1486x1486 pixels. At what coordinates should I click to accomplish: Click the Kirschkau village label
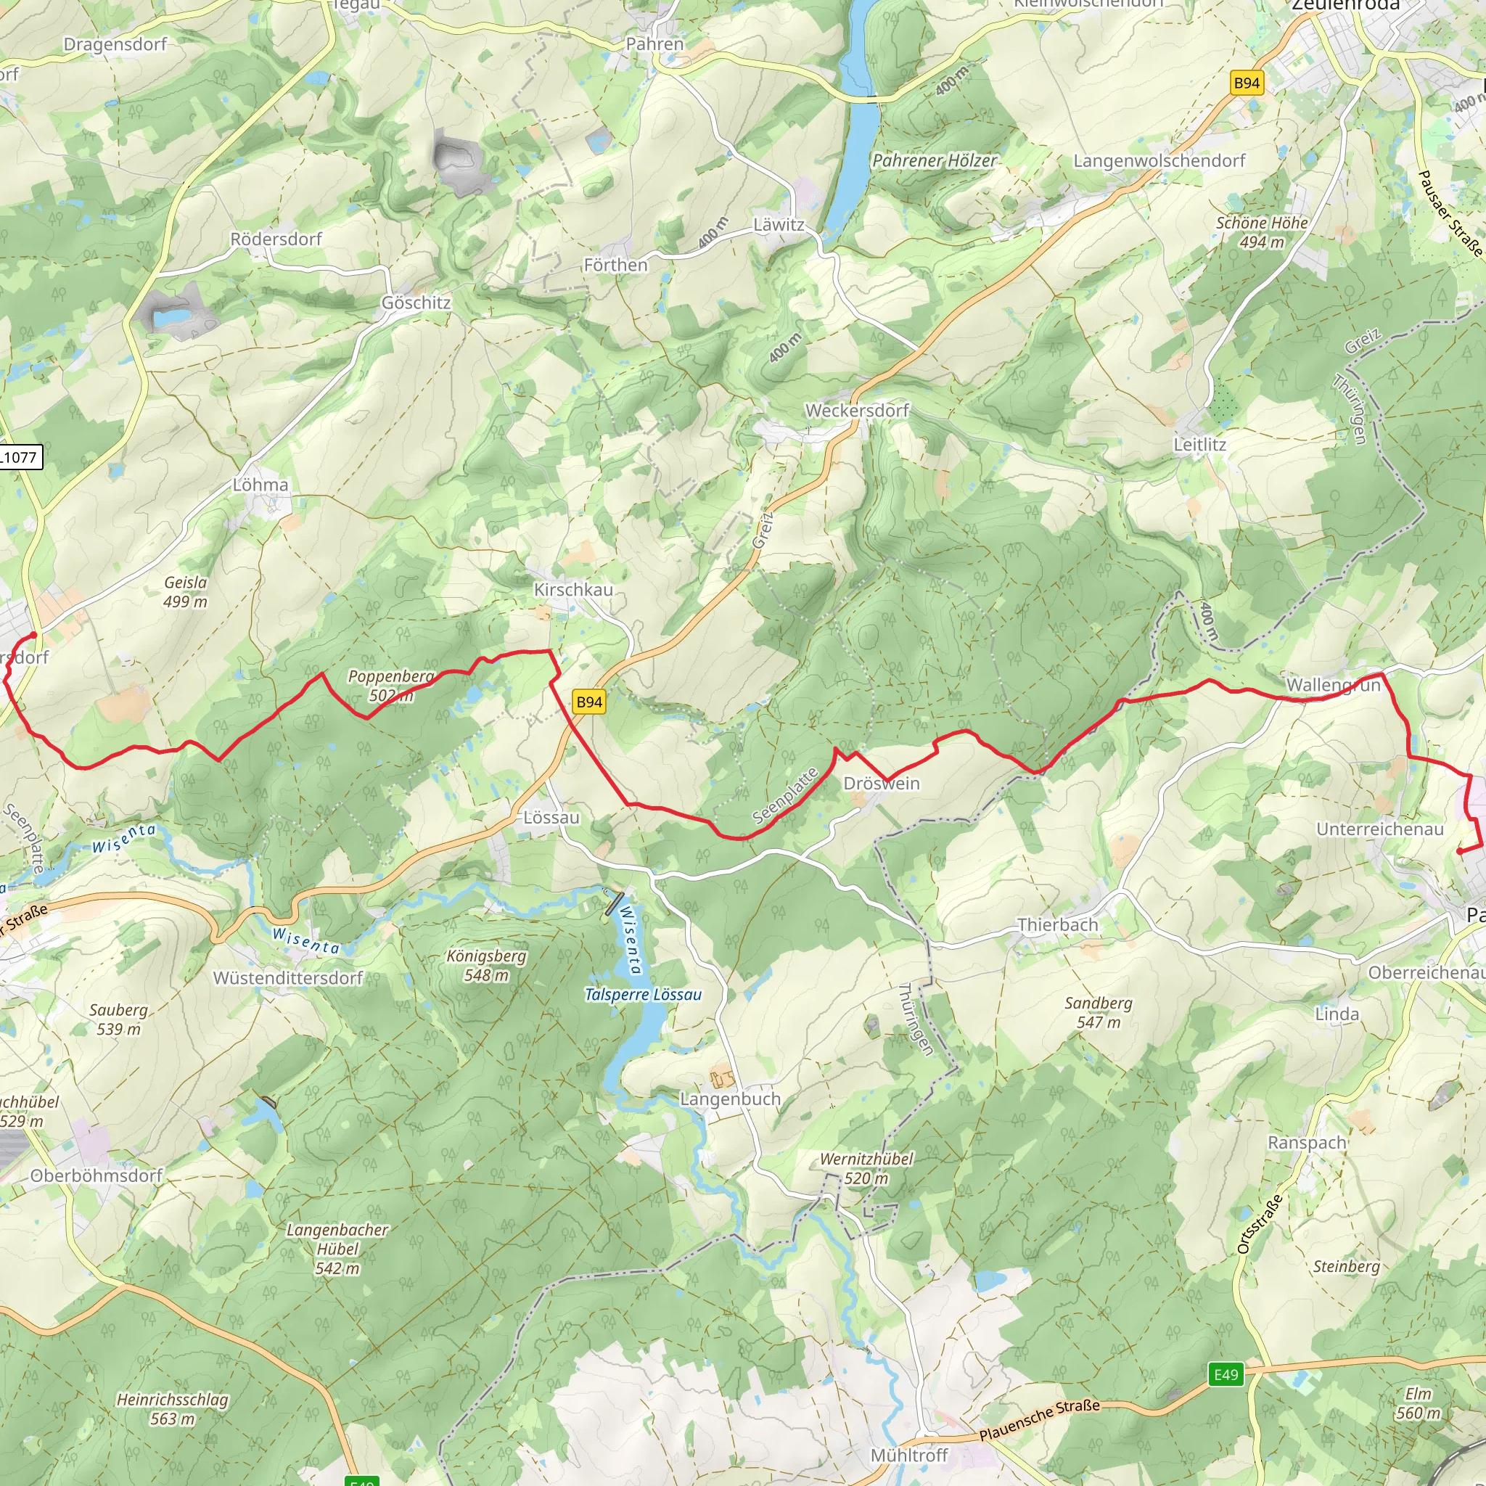[573, 589]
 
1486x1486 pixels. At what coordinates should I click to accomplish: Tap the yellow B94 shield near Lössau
[589, 702]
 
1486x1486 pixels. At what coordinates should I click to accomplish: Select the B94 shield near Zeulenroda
[1246, 83]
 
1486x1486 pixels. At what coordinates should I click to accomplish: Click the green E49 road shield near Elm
[1226, 1374]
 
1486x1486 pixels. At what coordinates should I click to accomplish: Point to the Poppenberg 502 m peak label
[391, 685]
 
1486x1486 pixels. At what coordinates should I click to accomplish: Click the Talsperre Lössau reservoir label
[643, 995]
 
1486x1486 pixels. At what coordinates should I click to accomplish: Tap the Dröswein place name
[882, 783]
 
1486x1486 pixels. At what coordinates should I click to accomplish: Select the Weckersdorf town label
[857, 411]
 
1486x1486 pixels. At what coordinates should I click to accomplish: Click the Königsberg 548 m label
[486, 965]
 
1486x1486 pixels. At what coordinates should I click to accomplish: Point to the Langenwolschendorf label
[1159, 161]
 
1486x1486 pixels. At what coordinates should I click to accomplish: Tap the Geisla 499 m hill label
[185, 591]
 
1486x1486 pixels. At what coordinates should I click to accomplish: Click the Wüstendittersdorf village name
[287, 977]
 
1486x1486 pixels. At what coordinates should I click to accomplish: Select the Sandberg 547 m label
[1099, 1012]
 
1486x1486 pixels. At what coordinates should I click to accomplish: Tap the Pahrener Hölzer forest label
[934, 161]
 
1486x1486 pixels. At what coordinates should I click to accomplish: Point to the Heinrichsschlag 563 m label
[172, 1408]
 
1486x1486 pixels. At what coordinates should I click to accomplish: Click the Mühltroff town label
[909, 1456]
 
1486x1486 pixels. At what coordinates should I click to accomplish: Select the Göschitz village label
[416, 303]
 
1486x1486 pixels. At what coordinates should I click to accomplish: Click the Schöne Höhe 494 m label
[1261, 231]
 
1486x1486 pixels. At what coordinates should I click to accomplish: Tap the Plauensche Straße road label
[1039, 1420]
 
